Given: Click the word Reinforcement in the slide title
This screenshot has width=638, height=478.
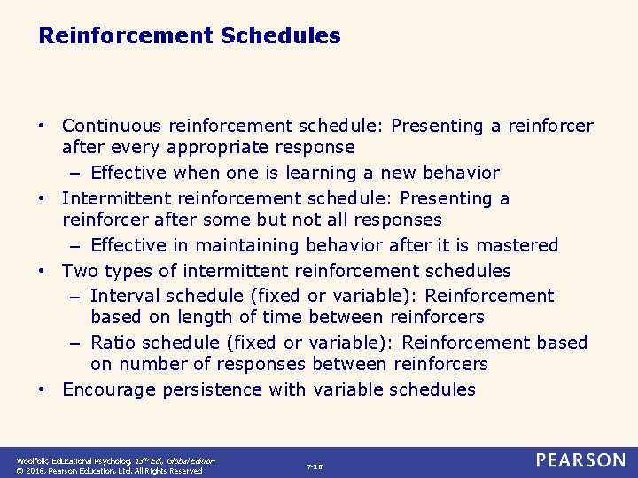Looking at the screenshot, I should tap(126, 36).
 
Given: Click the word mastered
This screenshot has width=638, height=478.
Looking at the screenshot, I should tap(518, 245).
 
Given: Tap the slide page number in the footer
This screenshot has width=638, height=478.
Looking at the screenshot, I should tap(315, 466).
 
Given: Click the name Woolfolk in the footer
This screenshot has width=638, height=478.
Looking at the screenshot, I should tap(32, 461).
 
